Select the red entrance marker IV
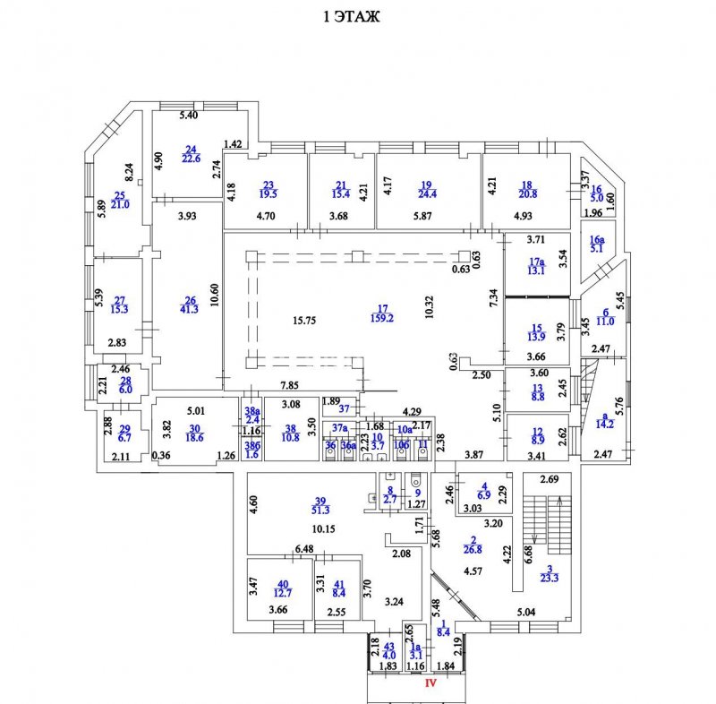[430, 683]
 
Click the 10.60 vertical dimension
[215, 296]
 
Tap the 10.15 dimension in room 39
[325, 528]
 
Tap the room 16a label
[597, 240]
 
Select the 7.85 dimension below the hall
[288, 386]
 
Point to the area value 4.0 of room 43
[388, 654]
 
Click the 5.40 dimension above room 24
[187, 116]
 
